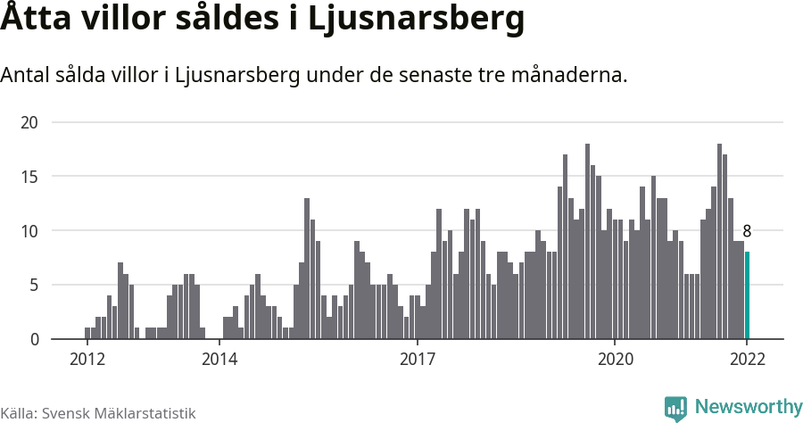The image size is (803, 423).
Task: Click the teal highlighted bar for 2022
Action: click(x=748, y=295)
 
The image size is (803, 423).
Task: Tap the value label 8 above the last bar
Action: click(x=747, y=232)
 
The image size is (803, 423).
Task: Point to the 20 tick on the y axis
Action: click(x=31, y=122)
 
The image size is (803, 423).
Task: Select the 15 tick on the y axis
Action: click(x=31, y=177)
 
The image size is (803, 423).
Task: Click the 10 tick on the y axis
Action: click(x=31, y=231)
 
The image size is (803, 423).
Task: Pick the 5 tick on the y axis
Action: click(x=35, y=286)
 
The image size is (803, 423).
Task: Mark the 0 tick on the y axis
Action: click(x=35, y=339)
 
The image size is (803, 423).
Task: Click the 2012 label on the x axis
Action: click(x=87, y=360)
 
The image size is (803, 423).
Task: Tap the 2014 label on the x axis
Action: click(x=219, y=360)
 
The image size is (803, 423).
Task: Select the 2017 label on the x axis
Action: click(x=417, y=360)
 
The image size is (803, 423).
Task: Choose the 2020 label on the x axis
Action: click(x=615, y=360)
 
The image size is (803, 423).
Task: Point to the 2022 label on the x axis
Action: click(x=747, y=360)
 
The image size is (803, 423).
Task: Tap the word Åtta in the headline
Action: click(x=36, y=20)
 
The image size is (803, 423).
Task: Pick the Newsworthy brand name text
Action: click(x=748, y=408)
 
